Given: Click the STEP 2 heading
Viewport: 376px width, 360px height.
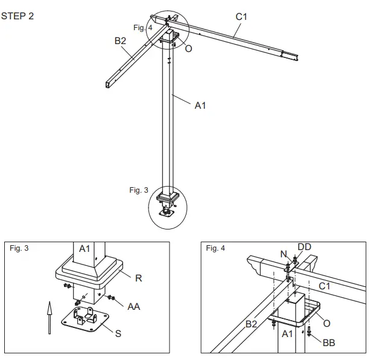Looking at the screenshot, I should point(18,16).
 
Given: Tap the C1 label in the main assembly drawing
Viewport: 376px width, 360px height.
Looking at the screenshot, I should point(241,17).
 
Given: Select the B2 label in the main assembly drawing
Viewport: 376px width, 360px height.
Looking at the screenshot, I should point(120,42).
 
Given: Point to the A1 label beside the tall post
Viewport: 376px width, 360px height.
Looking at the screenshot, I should point(200,105).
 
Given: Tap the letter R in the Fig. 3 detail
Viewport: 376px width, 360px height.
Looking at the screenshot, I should point(138,278).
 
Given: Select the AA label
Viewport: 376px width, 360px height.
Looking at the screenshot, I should point(134,306).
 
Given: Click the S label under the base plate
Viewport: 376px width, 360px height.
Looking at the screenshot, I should point(118,333).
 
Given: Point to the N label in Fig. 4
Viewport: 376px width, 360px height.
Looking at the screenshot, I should point(284,254).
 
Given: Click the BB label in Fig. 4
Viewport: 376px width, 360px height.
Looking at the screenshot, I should point(328,342).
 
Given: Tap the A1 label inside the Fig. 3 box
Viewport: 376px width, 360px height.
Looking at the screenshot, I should point(84,248).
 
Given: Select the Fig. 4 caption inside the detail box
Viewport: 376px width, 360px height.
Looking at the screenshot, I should point(216,248).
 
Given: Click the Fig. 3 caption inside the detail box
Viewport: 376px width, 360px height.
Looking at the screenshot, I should point(20,248).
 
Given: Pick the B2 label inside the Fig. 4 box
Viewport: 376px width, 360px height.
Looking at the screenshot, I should point(252,324).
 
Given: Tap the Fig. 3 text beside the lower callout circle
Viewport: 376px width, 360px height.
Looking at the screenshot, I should point(138,190).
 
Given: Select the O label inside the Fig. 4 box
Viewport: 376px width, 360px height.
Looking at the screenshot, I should point(327,323).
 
